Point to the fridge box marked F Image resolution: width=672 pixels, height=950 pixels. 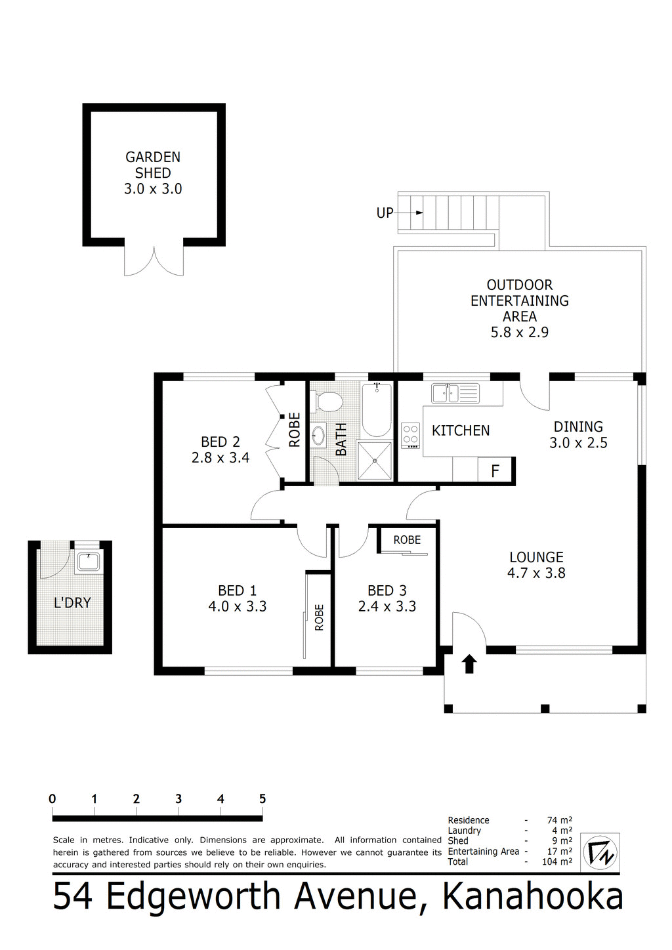click(x=495, y=470)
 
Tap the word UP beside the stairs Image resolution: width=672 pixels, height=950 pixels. click(x=385, y=213)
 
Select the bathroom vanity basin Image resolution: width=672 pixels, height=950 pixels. click(x=319, y=435)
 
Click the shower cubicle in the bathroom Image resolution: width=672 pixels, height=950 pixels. click(x=375, y=461)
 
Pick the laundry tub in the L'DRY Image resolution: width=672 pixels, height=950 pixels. click(x=87, y=562)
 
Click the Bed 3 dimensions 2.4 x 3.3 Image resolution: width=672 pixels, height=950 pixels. click(x=387, y=606)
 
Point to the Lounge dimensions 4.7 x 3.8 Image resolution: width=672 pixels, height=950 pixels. click(x=536, y=573)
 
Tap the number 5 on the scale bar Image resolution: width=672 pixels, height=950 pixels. click(x=262, y=798)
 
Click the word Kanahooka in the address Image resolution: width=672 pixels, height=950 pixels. click(x=533, y=898)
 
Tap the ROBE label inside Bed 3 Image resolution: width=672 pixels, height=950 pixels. click(x=407, y=540)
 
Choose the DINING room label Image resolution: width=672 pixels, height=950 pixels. click(x=578, y=426)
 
